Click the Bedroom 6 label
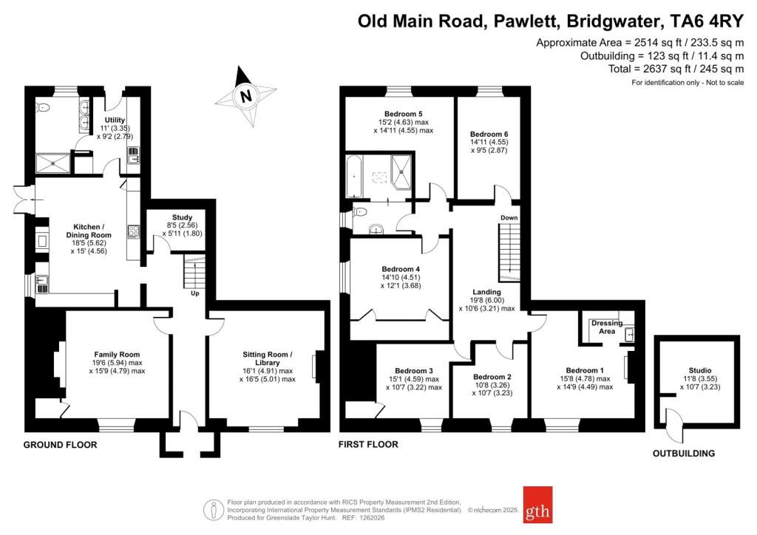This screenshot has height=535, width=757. [489, 134]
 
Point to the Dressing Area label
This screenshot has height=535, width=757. [606, 327]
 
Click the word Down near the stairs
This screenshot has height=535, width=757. [509, 218]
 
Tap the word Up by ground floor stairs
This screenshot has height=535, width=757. [195, 293]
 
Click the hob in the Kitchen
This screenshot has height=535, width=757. [135, 232]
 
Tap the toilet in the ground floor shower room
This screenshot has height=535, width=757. [44, 108]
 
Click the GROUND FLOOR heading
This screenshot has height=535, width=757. [60, 445]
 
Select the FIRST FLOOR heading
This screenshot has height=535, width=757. [368, 445]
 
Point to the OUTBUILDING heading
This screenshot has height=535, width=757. [683, 453]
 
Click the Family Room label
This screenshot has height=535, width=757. [116, 355]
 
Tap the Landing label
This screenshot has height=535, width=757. [488, 290]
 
